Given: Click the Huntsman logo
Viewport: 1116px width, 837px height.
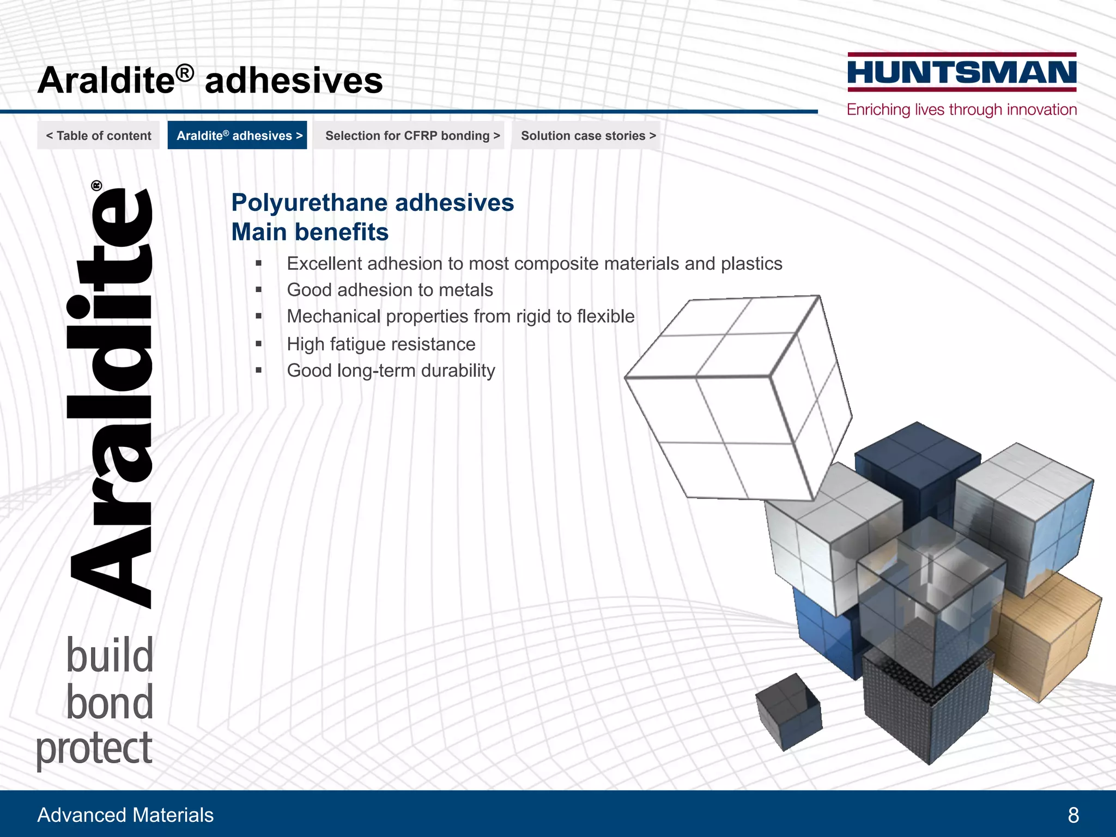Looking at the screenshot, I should (x=962, y=72).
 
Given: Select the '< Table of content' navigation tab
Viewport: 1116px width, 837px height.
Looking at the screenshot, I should (x=99, y=136).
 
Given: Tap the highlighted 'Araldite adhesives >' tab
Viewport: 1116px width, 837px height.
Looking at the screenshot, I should (x=238, y=136).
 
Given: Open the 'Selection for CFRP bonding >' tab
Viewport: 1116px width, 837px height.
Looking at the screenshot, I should (x=413, y=136).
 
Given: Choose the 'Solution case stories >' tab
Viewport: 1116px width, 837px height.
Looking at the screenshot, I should (x=588, y=136).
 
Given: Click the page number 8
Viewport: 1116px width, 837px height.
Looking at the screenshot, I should (x=1073, y=815).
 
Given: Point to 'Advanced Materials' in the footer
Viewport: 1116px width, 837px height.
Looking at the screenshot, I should (x=125, y=815).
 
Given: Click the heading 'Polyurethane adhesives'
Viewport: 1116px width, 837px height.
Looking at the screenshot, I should (x=373, y=203).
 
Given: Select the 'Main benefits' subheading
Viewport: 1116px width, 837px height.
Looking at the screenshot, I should (x=310, y=232).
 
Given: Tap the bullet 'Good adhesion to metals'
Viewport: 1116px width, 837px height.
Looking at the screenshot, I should (x=390, y=290).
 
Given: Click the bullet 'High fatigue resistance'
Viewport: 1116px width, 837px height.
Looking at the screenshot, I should (x=381, y=344).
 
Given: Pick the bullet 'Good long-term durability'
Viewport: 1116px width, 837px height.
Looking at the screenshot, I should (x=391, y=371).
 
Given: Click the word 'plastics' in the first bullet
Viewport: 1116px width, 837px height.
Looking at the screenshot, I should (x=751, y=264).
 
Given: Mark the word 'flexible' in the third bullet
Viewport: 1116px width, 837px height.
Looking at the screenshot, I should (x=605, y=317).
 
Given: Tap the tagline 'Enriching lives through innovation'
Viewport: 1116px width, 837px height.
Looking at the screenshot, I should (x=962, y=110).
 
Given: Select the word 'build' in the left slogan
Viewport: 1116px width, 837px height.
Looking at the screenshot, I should (x=110, y=656).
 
